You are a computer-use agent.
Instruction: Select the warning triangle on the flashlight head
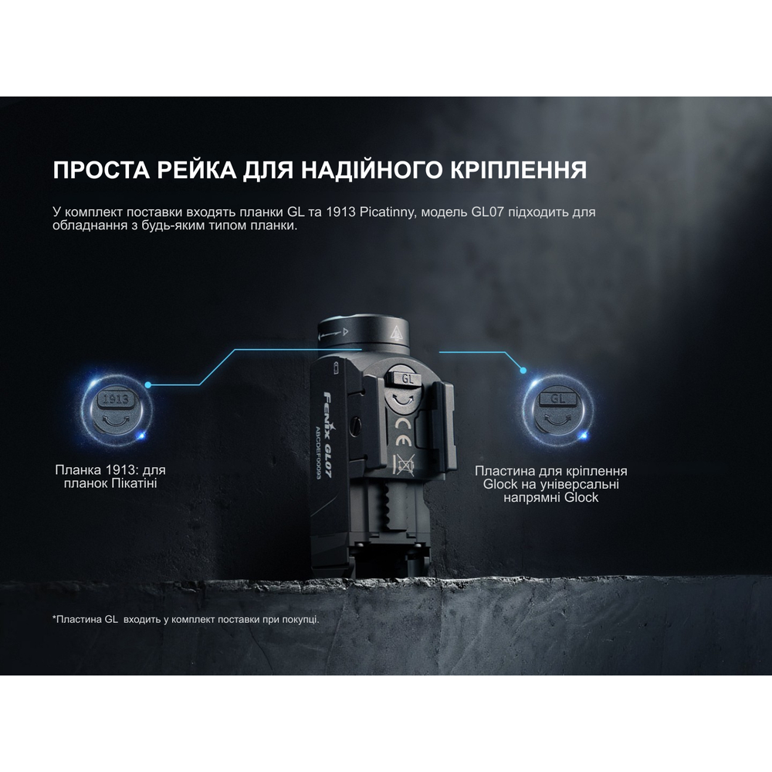(x=396, y=334)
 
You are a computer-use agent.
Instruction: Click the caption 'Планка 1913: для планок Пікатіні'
(x=110, y=477)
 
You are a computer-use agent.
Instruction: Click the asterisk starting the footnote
(x=55, y=618)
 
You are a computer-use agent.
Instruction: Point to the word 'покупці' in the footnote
(x=297, y=619)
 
